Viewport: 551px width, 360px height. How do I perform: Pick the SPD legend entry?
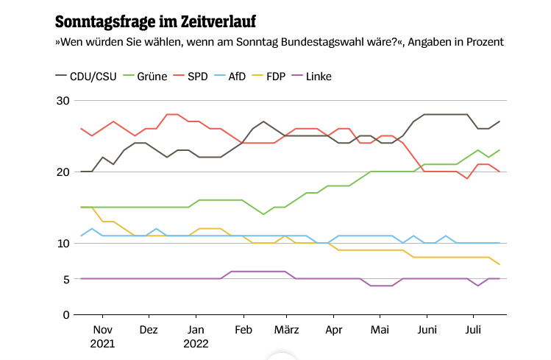198,76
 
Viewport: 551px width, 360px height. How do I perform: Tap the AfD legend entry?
237,76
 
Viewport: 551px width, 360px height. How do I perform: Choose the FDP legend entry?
276,76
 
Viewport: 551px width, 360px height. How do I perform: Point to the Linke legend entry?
319,76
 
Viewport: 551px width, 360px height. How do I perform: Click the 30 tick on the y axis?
63,101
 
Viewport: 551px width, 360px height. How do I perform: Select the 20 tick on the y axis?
63,172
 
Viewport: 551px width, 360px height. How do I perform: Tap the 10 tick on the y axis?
63,244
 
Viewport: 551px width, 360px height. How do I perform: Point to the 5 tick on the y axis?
65,279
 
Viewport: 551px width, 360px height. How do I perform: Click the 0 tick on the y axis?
65,315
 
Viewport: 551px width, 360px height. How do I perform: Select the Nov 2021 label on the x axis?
103,336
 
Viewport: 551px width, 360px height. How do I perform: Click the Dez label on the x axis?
149,330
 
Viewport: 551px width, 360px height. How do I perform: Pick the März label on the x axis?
287,330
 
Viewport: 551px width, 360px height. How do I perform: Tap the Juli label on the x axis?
473,330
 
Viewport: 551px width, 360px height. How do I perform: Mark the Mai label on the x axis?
380,330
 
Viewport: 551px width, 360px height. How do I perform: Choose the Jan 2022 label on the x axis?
196,336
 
